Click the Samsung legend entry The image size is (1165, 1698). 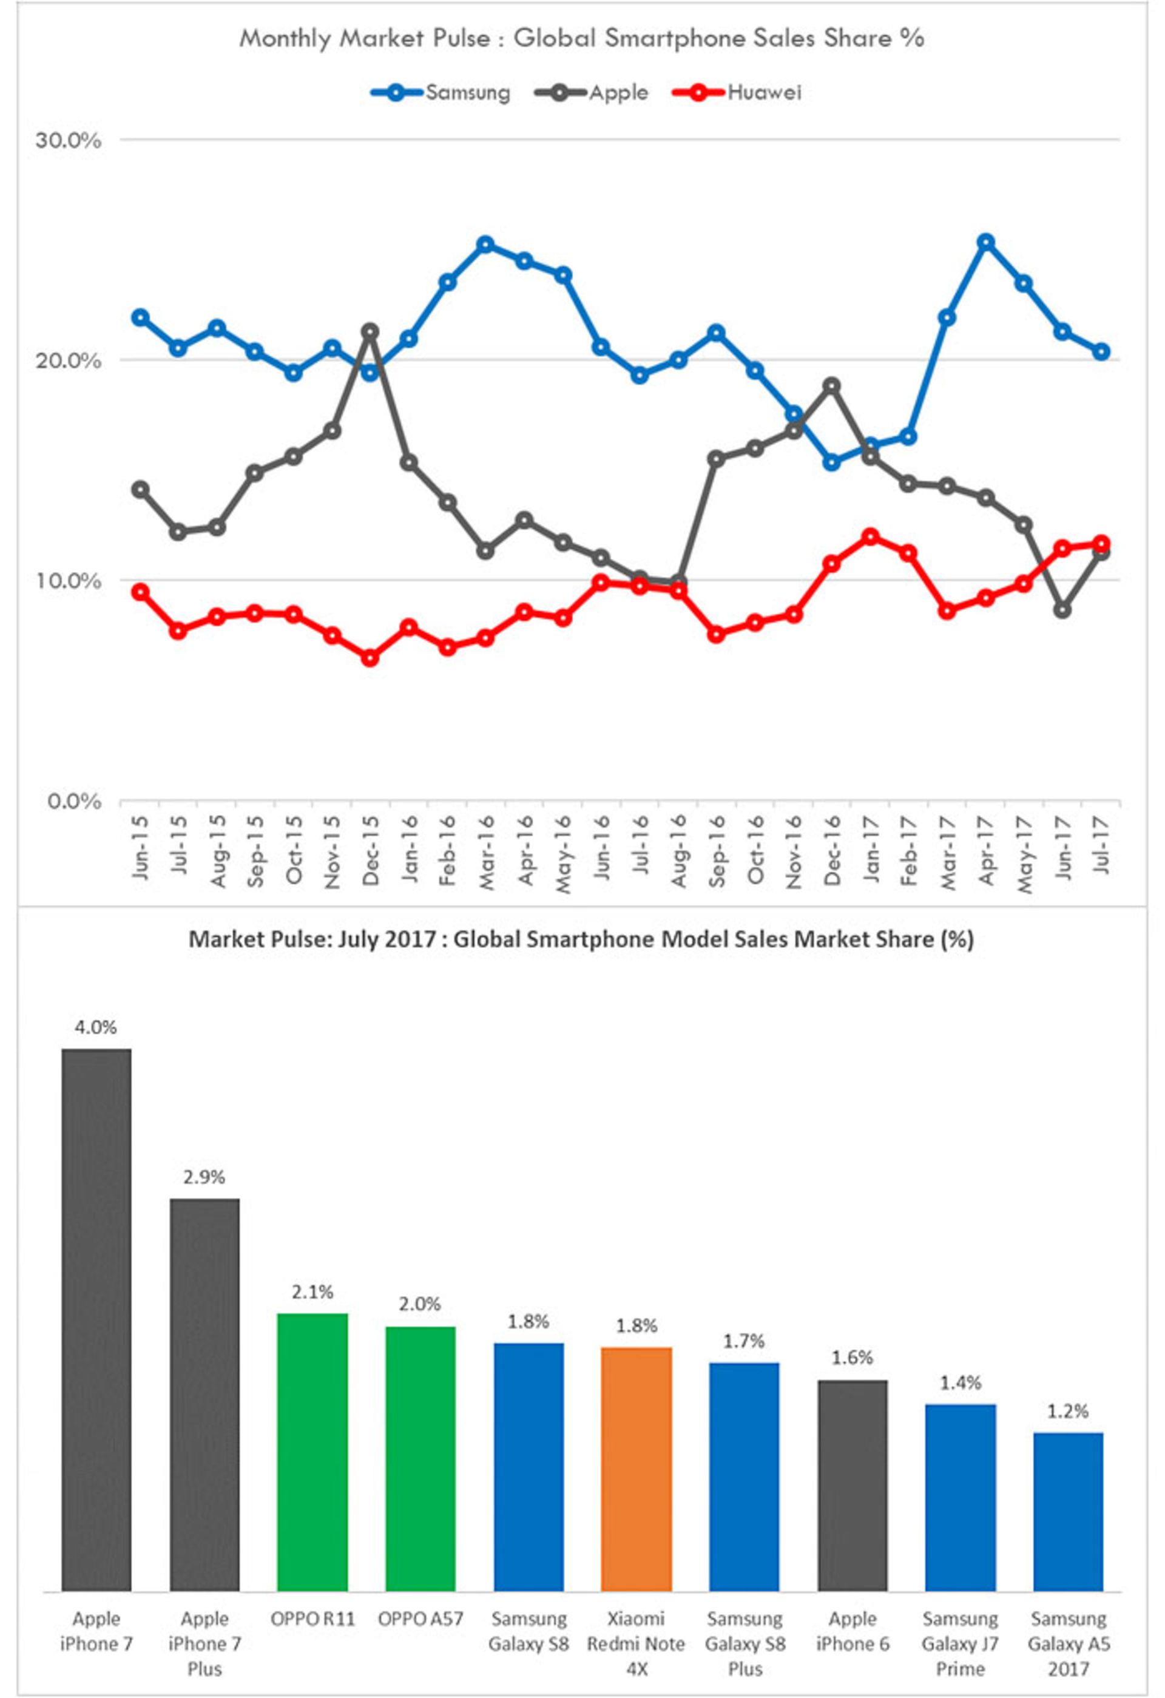pyautogui.click(x=441, y=93)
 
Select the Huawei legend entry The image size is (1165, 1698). pyautogui.click(x=737, y=93)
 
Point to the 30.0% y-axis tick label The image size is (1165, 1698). pyautogui.click(x=68, y=140)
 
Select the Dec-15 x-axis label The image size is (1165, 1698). pyautogui.click(x=370, y=851)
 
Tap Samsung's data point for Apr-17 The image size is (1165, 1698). pyautogui.click(x=986, y=242)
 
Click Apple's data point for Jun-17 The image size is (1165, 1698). pyautogui.click(x=1062, y=609)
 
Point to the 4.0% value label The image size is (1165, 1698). pyautogui.click(x=96, y=1027)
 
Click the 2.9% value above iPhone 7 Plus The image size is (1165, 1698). pyautogui.click(x=204, y=1177)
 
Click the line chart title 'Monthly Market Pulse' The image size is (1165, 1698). pyautogui.click(x=581, y=38)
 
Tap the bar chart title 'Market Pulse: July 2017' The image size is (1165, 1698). pyautogui.click(x=581, y=939)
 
